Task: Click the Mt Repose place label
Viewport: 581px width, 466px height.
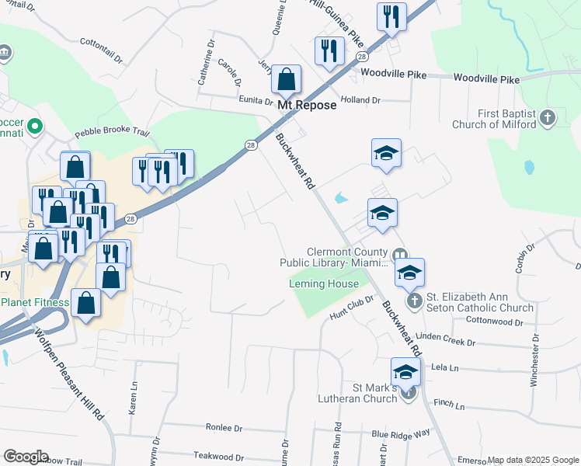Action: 307,105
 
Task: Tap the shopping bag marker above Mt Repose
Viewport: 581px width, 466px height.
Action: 287,79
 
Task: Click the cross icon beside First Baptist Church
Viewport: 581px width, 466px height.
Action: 548,119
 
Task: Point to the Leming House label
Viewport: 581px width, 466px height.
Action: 324,284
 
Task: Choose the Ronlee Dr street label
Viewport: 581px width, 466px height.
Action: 224,428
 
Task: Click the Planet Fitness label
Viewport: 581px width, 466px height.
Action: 35,302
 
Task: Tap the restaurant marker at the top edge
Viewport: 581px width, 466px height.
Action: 391,17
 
